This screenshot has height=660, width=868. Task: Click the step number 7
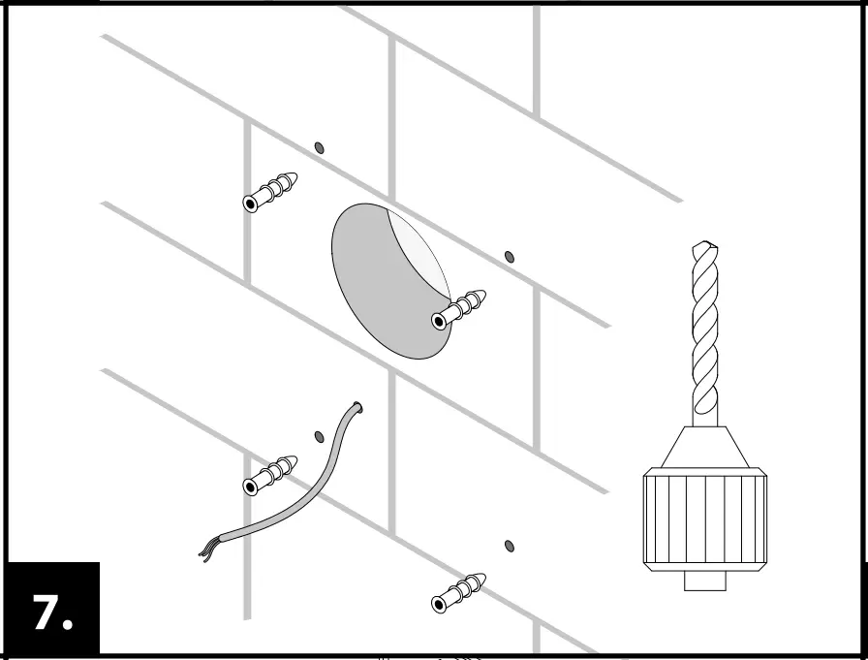coord(43,613)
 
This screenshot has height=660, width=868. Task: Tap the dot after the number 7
coord(68,625)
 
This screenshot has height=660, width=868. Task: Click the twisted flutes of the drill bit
coord(705,330)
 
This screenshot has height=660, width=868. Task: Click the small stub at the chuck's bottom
coord(704,581)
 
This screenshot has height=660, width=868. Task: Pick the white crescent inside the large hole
coord(421,247)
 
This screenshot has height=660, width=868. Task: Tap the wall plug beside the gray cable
coord(269,473)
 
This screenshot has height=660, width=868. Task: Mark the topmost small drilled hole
coord(319,147)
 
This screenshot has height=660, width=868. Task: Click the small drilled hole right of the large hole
coord(510,257)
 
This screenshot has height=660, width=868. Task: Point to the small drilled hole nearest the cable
coord(320,436)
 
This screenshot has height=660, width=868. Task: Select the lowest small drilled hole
coord(510,547)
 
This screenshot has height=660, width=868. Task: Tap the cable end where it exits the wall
coord(357,408)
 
